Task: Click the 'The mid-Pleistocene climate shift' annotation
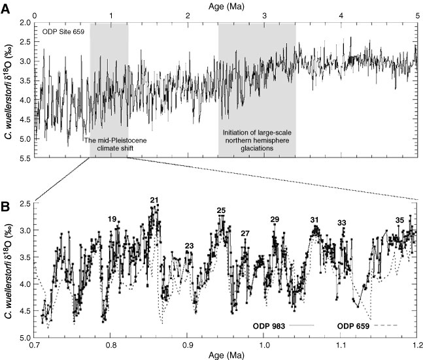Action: click(109, 144)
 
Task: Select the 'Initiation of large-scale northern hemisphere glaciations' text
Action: click(257, 144)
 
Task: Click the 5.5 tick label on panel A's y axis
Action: click(24, 157)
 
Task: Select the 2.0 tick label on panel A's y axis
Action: click(24, 23)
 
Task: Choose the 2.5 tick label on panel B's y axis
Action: click(24, 204)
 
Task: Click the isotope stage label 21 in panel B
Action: click(154, 200)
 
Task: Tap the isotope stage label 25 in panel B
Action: click(221, 210)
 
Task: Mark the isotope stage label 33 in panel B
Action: click(341, 223)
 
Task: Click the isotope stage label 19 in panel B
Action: click(112, 219)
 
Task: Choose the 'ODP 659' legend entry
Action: click(356, 324)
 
